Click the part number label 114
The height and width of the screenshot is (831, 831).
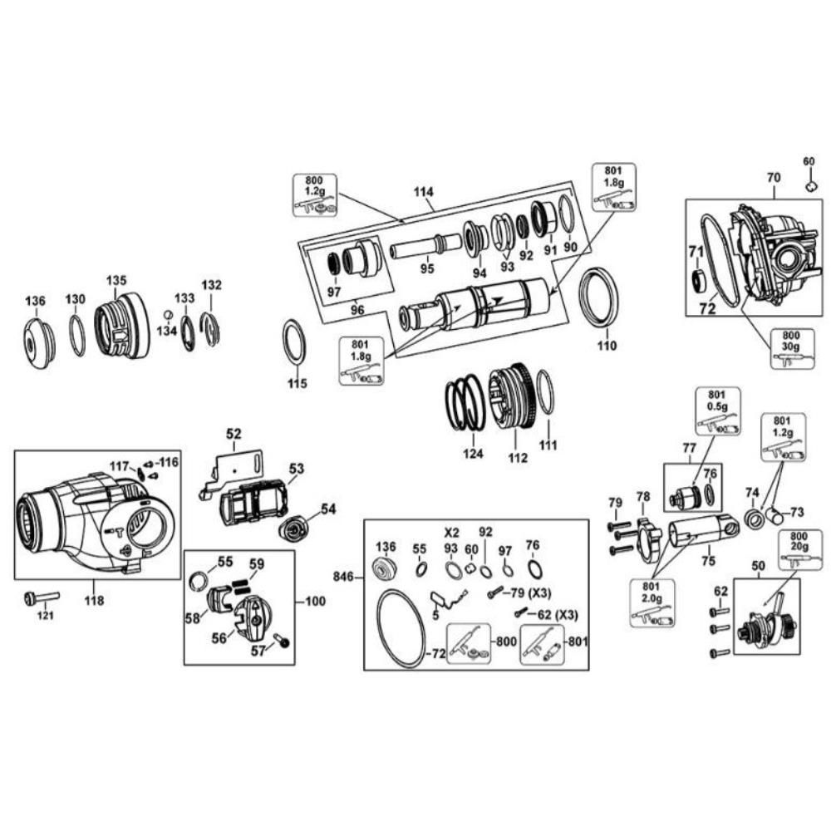[x=424, y=191]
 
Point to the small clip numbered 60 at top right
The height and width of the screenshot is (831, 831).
[x=810, y=186]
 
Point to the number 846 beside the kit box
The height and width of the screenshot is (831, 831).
[x=343, y=576]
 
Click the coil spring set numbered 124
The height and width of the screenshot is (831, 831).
[x=465, y=401]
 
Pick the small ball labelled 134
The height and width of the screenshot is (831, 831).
[x=168, y=314]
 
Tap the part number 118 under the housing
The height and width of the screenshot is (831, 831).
[x=94, y=601]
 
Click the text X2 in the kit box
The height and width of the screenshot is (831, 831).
[x=451, y=532]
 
